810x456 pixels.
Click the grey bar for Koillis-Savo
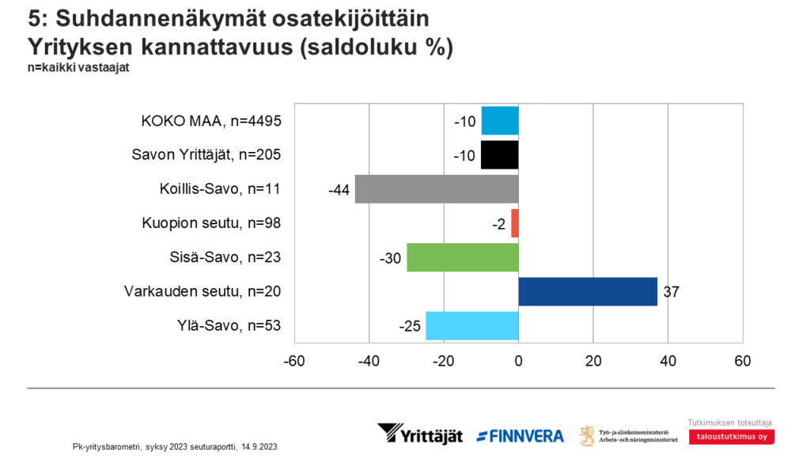click(437, 189)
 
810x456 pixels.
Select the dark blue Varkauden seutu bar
click(588, 291)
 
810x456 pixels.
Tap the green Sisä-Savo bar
click(463, 257)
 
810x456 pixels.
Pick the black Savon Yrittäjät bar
click(499, 154)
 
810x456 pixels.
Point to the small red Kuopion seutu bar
click(515, 223)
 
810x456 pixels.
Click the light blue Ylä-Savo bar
click(472, 325)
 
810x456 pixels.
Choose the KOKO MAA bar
click(499, 120)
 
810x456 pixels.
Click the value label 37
click(672, 292)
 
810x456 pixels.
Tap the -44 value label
click(338, 190)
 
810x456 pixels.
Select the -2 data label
click(498, 224)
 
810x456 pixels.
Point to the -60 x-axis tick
click(294, 361)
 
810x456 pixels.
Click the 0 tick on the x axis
click(518, 361)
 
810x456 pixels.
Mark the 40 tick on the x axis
click(668, 361)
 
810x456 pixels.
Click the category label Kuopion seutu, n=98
click(211, 223)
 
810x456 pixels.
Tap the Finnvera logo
click(520, 435)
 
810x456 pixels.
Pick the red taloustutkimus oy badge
click(732, 437)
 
